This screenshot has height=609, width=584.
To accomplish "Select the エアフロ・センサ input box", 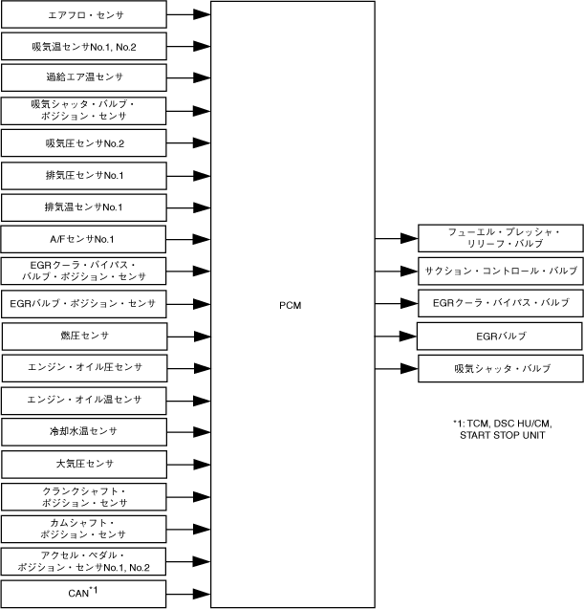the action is (x=84, y=15).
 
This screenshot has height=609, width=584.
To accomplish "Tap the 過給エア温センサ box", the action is (x=84, y=76).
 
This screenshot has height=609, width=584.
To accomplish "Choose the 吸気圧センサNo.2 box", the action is (x=84, y=143).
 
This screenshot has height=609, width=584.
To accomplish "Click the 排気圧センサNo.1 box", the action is (x=84, y=176).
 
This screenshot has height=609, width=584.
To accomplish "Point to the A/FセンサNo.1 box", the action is (x=84, y=238).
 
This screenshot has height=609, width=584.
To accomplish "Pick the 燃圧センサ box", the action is (x=84, y=336).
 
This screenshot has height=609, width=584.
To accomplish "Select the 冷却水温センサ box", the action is (x=84, y=431).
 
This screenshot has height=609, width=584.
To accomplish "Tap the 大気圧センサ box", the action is (x=84, y=464).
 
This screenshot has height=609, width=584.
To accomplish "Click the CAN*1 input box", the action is (x=84, y=593).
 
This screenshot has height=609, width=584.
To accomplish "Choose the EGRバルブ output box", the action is (x=500, y=336).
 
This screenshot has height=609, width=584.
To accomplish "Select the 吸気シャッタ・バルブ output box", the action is (x=500, y=368).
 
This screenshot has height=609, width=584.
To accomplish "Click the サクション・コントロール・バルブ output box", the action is (x=500, y=271).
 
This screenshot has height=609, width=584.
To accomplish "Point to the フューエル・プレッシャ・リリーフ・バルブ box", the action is (x=500, y=238).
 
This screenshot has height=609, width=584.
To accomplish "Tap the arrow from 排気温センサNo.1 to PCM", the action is (x=188, y=207).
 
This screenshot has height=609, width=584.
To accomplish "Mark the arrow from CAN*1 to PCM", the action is (x=188, y=593).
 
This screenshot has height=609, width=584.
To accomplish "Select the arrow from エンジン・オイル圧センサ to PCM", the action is (x=188, y=367).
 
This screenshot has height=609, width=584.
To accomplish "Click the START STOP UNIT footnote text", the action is (x=501, y=435).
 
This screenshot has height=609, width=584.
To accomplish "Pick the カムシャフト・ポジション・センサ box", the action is (x=84, y=528).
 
